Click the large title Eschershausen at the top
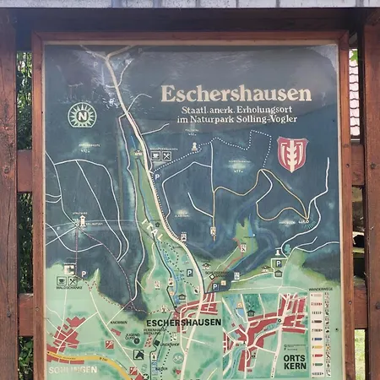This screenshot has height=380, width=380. (236, 94)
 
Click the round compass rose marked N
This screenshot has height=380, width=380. (82, 115)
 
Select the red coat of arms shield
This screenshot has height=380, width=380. (292, 154)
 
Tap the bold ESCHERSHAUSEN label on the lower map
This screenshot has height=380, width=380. (183, 323)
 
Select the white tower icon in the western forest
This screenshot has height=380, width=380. (82, 221)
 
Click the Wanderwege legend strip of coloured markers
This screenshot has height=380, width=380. (318, 334)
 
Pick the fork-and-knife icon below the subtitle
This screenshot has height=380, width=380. (166, 155)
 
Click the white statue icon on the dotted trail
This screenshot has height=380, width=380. (195, 147)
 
